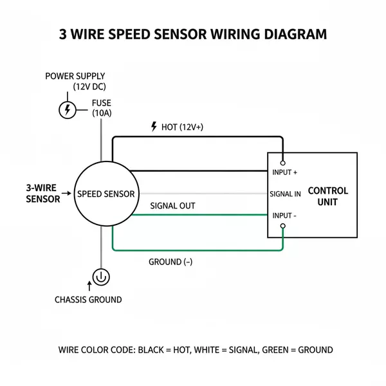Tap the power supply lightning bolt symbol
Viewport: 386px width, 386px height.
click(x=67, y=110)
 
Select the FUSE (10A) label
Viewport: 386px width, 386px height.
click(x=102, y=107)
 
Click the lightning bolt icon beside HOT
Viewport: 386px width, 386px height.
click(x=154, y=127)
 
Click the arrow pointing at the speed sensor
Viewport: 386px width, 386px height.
click(x=68, y=193)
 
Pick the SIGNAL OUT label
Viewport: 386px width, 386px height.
click(x=172, y=206)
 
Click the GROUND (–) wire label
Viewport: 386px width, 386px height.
click(x=170, y=262)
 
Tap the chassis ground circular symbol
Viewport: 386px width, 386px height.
click(x=102, y=277)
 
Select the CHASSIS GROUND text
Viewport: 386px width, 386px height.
click(x=88, y=300)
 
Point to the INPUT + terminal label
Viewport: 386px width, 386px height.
click(x=285, y=172)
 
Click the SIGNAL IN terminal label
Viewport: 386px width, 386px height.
click(x=285, y=194)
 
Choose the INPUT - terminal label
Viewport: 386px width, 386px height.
click(x=284, y=216)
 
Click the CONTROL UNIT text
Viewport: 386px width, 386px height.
click(x=328, y=196)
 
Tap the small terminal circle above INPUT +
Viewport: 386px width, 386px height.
click(x=282, y=163)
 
